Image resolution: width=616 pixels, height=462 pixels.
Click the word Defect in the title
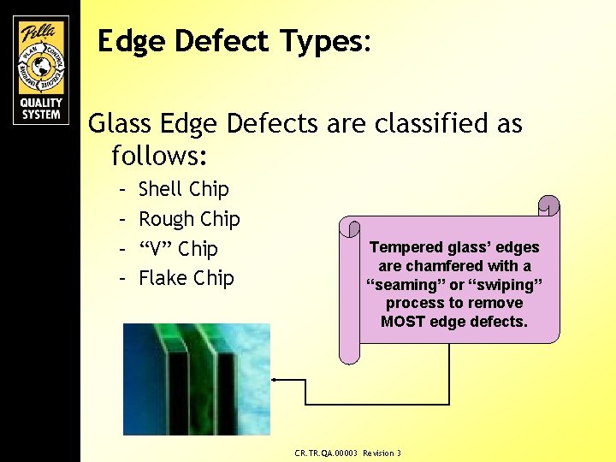(210, 40)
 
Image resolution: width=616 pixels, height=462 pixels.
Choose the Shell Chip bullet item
(183, 189)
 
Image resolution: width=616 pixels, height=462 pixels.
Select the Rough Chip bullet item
(189, 219)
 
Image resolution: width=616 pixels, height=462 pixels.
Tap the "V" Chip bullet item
(178, 249)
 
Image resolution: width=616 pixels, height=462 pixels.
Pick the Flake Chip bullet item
(186, 278)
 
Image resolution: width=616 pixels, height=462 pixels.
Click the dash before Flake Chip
(123, 278)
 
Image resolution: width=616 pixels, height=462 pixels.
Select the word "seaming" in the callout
(403, 285)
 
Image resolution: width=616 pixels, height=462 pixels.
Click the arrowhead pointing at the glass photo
(275, 379)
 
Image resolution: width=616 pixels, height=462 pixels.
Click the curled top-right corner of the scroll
(548, 206)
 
